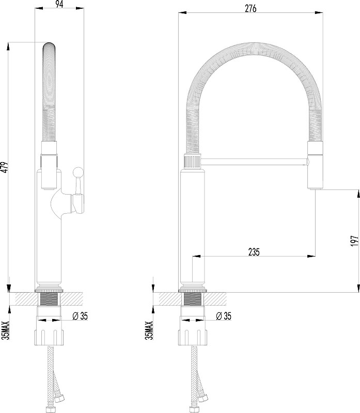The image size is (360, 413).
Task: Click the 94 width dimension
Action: coord(59,5)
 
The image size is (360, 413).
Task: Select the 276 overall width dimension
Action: coord(251,8)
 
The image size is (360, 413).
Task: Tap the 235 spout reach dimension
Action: coord(254,252)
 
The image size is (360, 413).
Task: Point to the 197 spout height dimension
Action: coord(355,241)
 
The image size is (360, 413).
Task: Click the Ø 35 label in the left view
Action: coord(80,315)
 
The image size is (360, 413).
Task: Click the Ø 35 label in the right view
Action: coord(224,315)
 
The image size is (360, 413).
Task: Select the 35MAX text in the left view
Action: coord(6,330)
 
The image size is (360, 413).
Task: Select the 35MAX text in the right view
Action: coord(149,330)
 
